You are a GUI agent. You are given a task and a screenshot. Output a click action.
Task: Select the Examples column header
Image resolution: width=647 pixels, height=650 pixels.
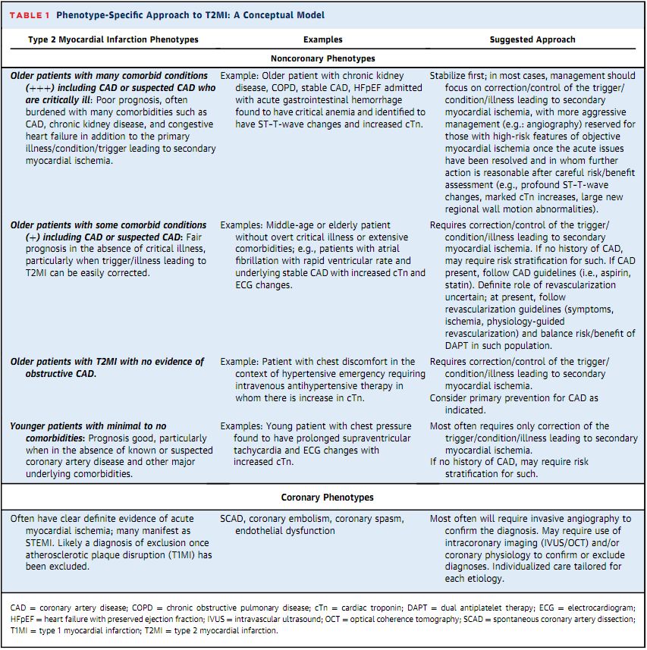322,39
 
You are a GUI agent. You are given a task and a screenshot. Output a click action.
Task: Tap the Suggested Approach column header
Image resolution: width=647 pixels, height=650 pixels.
532,39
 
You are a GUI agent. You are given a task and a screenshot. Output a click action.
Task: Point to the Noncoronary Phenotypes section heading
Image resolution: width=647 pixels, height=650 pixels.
323,58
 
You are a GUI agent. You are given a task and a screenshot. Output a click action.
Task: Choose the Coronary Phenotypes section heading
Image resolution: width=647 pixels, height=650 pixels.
323,498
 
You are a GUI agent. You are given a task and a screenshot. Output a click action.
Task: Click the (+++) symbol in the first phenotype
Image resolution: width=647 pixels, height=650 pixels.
25,87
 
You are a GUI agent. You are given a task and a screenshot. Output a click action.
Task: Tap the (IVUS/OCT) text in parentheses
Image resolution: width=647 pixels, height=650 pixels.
564,542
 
